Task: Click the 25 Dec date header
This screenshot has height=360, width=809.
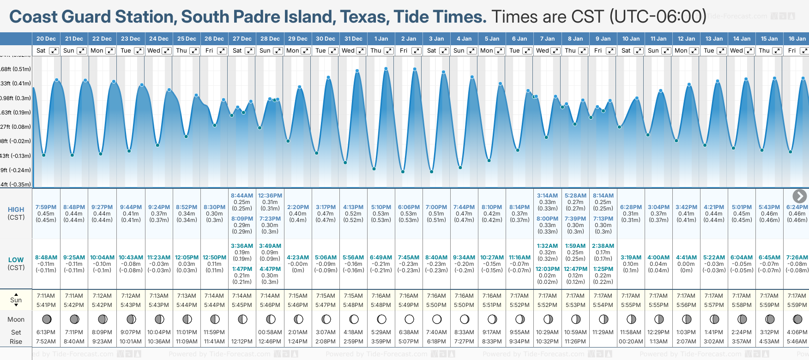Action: [x=187, y=39]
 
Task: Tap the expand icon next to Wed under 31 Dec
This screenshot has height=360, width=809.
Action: [x=361, y=51]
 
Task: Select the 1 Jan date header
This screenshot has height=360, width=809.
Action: [x=381, y=39]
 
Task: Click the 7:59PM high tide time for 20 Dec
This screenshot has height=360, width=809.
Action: [x=46, y=207]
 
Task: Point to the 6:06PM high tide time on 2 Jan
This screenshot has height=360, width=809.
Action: [x=409, y=207]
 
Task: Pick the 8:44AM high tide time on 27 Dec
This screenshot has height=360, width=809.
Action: [x=242, y=196]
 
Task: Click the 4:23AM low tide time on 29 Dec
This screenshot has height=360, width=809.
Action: [x=298, y=258]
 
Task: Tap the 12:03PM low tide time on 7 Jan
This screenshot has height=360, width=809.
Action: [x=548, y=269]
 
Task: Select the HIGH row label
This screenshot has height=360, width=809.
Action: [x=16, y=210]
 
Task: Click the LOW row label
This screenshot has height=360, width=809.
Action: [x=16, y=260]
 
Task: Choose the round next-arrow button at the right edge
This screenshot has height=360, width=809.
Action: [x=799, y=196]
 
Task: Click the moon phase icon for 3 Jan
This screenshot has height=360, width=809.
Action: [x=437, y=319]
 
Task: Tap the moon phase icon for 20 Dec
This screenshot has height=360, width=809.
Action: [x=46, y=319]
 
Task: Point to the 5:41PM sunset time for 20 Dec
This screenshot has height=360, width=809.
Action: [x=46, y=305]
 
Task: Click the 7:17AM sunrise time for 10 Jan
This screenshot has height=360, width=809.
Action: [x=631, y=296]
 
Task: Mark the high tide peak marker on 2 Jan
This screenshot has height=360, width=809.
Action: [x=415, y=69]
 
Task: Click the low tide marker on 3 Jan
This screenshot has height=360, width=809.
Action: [x=432, y=172]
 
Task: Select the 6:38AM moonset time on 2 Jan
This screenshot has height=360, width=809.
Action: [x=409, y=332]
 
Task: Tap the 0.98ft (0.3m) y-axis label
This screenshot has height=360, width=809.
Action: [x=16, y=98]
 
